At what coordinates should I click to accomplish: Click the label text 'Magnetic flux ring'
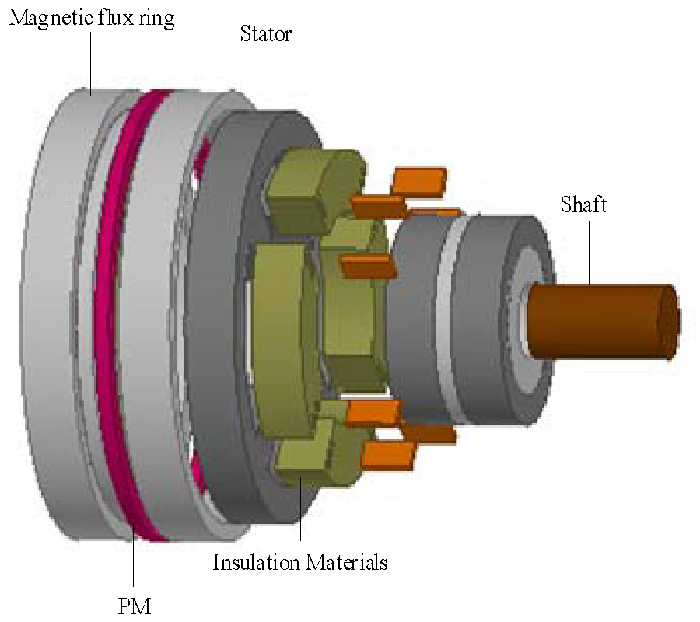[x=92, y=19]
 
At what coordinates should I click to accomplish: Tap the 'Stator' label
[x=266, y=34]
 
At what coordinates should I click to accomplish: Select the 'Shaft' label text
[x=583, y=204]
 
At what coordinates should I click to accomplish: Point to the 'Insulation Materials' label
[x=299, y=562]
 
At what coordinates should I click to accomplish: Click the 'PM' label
[x=135, y=606]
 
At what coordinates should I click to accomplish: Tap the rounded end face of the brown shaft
[x=670, y=322]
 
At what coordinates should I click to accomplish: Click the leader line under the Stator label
[x=257, y=84]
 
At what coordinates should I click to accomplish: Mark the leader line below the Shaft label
[x=589, y=253]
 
